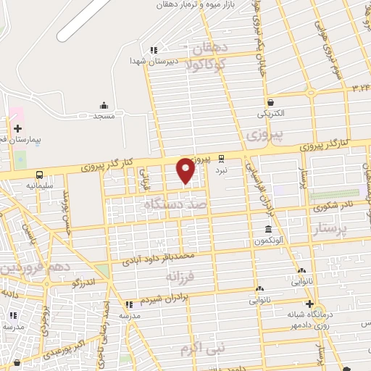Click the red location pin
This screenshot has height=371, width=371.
tap(185, 170)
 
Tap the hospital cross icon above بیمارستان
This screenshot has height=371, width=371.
tap(18, 128)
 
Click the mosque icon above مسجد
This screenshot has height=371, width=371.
tap(104, 105)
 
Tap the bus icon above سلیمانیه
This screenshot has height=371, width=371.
tap(38, 175)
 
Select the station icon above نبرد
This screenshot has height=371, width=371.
tap(222, 158)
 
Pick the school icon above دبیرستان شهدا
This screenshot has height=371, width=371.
tap(154, 50)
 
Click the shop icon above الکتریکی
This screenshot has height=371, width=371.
tap(271, 102)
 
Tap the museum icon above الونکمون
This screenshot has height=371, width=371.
tap(268, 229)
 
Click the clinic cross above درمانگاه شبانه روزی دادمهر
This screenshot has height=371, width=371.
tap(310, 304)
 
